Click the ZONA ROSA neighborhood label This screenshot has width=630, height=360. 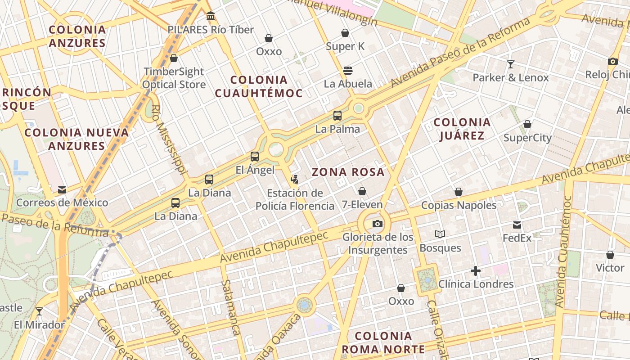[x=348, y=172]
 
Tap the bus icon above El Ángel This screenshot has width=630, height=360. [x=255, y=157]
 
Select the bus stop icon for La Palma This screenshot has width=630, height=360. [x=337, y=116]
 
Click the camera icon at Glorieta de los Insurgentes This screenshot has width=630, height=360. [x=378, y=224]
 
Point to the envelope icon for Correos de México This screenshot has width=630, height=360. [x=62, y=190]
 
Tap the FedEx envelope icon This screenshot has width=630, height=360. [x=517, y=225]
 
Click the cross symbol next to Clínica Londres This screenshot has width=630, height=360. [x=476, y=271]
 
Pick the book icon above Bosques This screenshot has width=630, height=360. [x=440, y=234]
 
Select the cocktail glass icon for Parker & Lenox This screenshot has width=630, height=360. [x=511, y=64]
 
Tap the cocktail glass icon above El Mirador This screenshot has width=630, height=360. [x=39, y=311]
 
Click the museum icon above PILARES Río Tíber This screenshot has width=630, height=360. [x=210, y=17]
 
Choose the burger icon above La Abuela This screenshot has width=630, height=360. [x=347, y=70]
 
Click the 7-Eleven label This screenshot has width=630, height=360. [x=362, y=205]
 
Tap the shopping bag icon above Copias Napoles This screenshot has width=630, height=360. [x=459, y=192]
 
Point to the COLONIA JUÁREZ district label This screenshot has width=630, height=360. [x=462, y=129]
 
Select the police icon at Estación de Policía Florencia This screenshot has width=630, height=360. [x=295, y=180]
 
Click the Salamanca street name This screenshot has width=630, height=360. [x=230, y=307]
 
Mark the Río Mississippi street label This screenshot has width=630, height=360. [x=168, y=139]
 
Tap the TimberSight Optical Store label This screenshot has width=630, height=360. [x=174, y=78]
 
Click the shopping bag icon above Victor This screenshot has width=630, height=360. [x=610, y=255]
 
